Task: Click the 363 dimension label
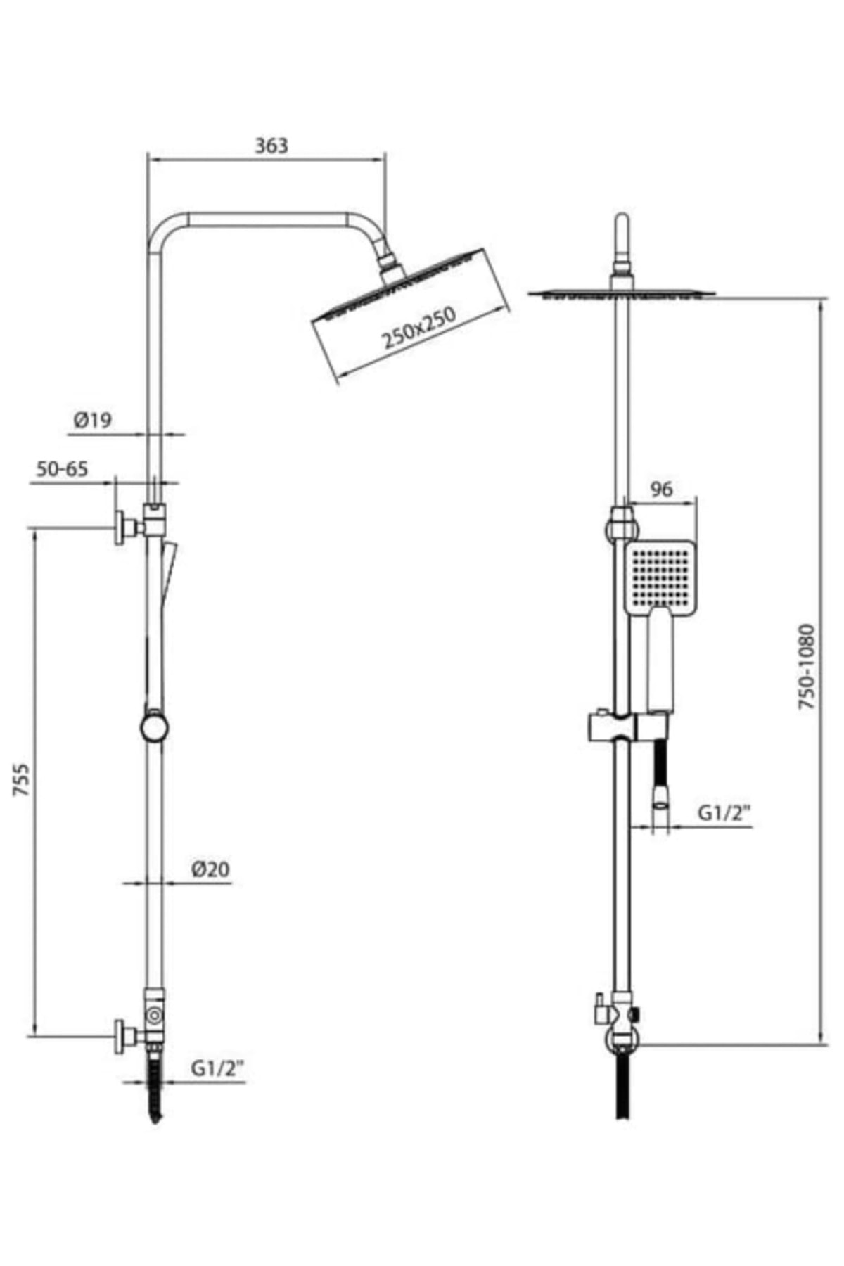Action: point(271,146)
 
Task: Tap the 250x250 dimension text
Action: point(419,328)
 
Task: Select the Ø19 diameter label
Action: point(92,421)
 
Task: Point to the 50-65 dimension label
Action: point(63,469)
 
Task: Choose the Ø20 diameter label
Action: point(210,869)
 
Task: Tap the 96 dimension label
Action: point(662,488)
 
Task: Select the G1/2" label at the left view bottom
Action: point(217,1068)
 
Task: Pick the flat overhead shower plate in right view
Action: point(622,293)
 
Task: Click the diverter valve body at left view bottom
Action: point(155,1016)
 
